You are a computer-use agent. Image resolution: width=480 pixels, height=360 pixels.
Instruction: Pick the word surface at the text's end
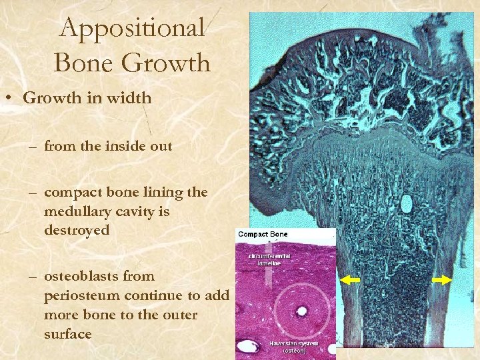pos(67,333)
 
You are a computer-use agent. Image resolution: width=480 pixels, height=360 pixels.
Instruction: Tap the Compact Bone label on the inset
pos(263,235)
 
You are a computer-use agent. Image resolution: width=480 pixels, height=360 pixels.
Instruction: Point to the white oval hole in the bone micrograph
pos(405,204)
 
